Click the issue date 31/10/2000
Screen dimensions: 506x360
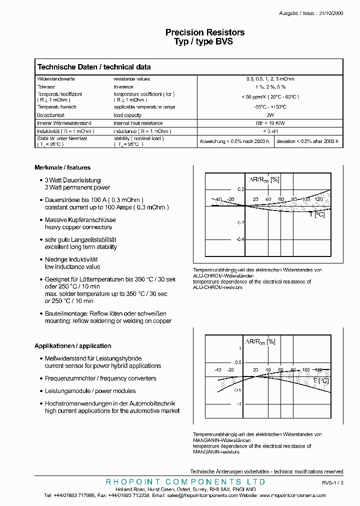coord(330,14)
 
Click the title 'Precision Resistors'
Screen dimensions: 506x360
coord(205,32)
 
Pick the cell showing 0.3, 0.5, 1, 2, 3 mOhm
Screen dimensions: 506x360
coord(270,79)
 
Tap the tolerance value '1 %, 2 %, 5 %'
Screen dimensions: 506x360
coord(270,86)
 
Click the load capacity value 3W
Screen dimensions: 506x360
coord(270,114)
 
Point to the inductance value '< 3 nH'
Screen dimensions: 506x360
coord(270,131)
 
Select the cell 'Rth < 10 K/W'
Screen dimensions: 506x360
coord(270,123)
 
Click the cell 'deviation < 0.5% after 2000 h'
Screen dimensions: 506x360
coord(307,141)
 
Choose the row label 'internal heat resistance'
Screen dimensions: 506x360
coord(138,123)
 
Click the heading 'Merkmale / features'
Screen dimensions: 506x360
coord(62,167)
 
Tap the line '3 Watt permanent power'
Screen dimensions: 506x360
coord(77,187)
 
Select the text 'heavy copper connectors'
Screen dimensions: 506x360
coord(78,227)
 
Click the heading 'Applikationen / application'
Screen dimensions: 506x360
coord(73,346)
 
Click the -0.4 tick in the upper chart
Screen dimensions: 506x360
coord(240,239)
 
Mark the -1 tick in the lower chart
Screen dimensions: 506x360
coord(239,404)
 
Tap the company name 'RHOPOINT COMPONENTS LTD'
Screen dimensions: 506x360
coord(186,481)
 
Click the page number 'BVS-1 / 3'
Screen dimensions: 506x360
coord(332,483)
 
